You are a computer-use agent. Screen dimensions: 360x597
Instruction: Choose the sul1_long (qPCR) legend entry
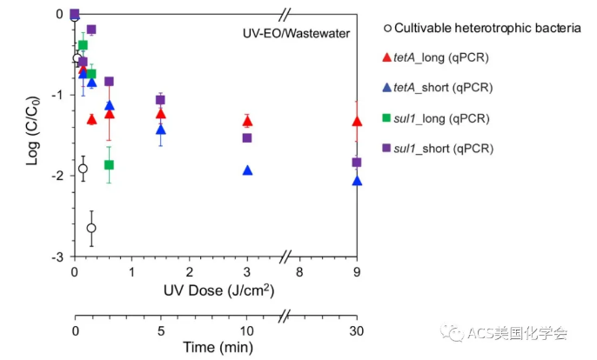441,118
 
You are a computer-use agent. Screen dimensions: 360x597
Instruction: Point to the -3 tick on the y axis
58,257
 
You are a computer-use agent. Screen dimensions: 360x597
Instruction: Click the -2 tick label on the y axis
58,177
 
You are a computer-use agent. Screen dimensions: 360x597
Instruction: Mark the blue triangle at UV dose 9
357,181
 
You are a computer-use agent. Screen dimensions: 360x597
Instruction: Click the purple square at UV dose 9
357,163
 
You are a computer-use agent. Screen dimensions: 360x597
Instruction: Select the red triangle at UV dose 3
247,121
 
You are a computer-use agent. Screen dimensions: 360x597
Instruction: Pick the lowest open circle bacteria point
91,228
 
